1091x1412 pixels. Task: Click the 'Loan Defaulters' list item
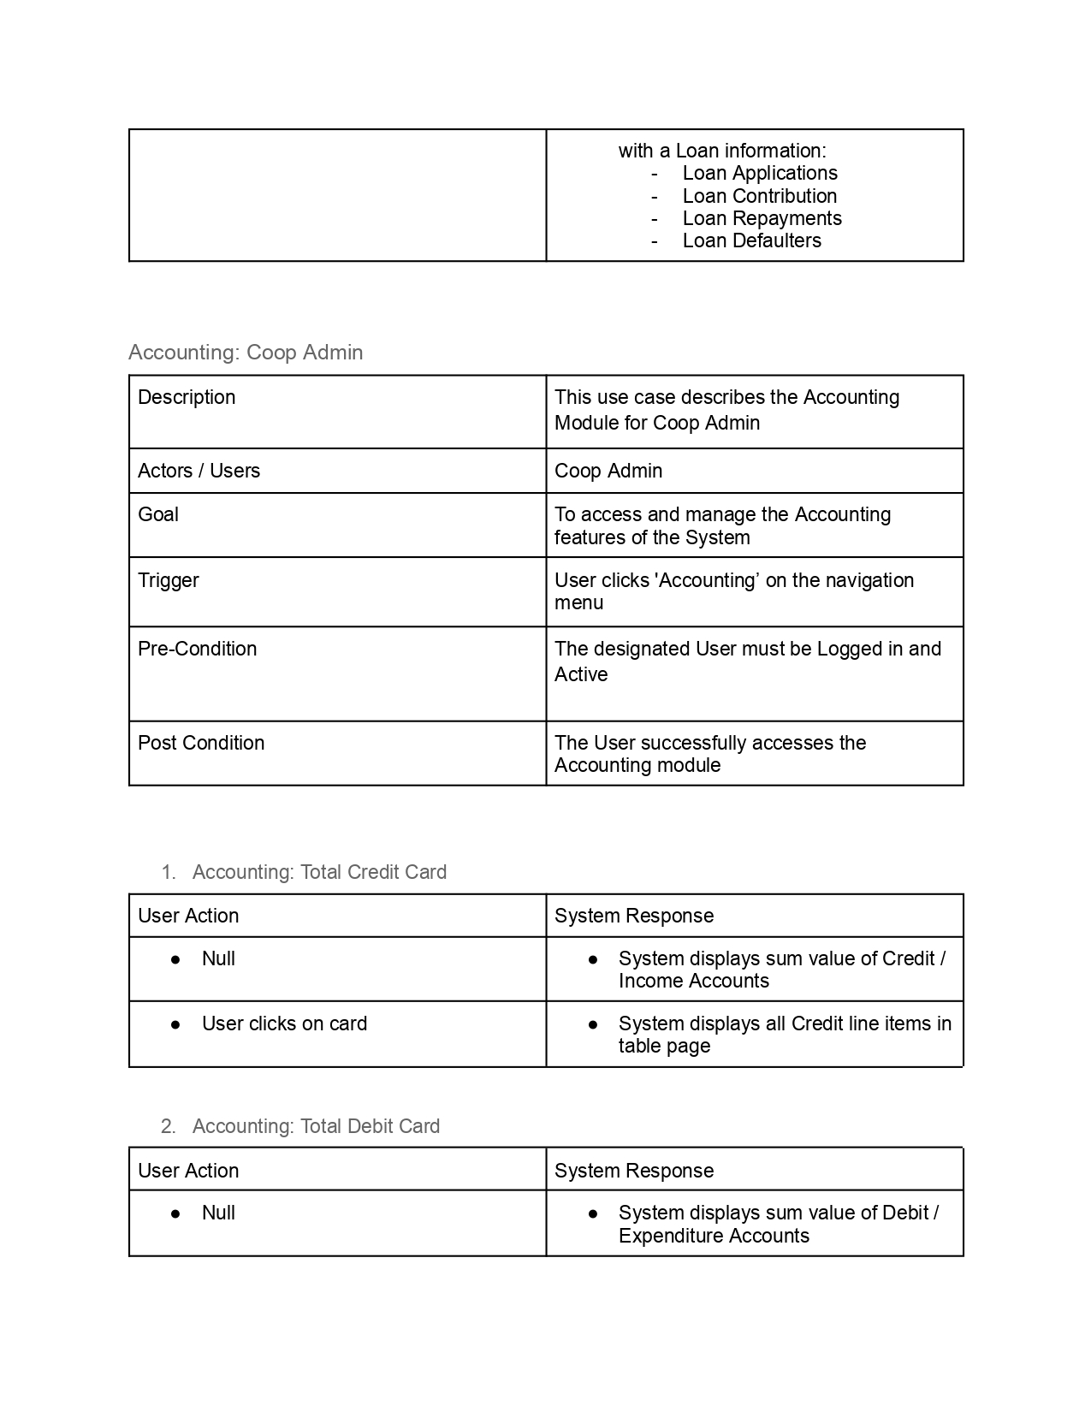[751, 240]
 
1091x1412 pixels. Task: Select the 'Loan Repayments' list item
[762, 218]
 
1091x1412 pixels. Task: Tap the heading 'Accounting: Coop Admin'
[246, 353]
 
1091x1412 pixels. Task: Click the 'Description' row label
[187, 397]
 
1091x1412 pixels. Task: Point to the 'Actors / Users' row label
[199, 471]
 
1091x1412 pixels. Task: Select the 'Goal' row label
[158, 514]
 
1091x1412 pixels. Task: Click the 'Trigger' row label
[169, 580]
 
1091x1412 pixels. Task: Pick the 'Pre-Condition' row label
[197, 649]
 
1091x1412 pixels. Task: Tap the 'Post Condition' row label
[201, 743]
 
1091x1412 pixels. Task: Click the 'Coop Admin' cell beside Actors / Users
[608, 471]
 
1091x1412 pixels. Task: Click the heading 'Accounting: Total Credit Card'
[319, 872]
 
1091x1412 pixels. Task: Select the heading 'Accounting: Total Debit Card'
[316, 1126]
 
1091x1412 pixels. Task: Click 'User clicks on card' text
[284, 1023]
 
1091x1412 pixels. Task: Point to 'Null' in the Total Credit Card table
[218, 958]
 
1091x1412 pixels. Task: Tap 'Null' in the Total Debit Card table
[218, 1213]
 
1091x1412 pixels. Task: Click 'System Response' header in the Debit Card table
[634, 1171]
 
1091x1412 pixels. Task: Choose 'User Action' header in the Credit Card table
[188, 916]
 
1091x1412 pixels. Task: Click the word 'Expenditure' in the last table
[668, 1236]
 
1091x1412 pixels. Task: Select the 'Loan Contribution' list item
[759, 196]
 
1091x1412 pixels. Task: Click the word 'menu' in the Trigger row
[578, 602]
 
